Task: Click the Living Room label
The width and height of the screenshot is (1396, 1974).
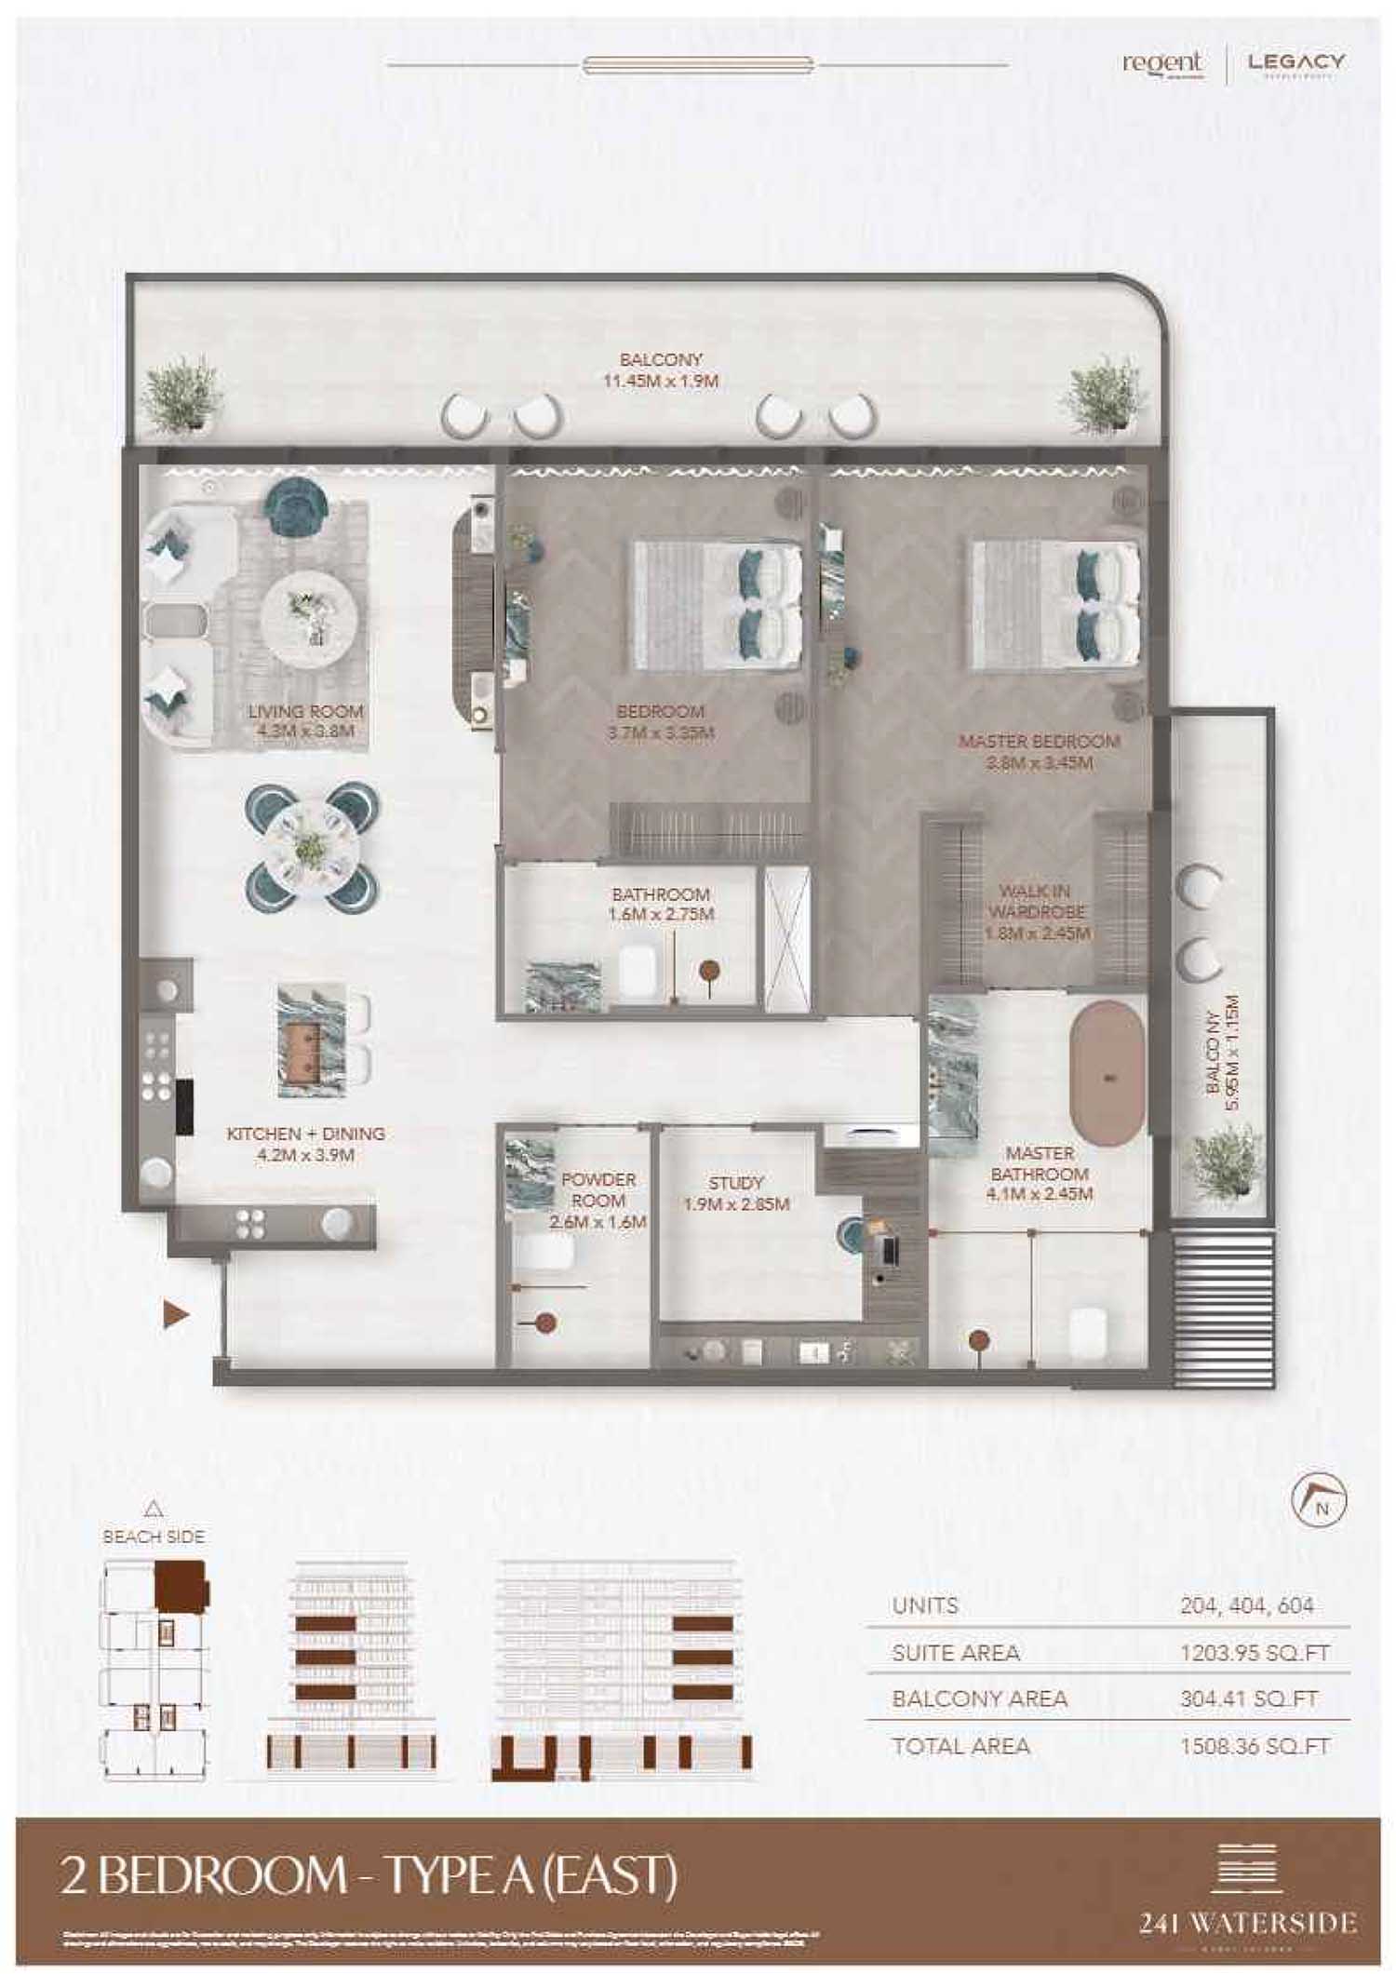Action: [x=305, y=721]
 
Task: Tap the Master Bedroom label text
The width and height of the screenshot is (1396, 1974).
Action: [x=1039, y=752]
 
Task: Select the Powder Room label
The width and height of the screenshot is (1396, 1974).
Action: [x=597, y=1200]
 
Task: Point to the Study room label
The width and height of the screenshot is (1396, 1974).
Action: [x=736, y=1192]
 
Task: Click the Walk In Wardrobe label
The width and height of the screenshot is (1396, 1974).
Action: [x=1038, y=912]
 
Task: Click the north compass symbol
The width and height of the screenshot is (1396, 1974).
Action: [x=1320, y=1501]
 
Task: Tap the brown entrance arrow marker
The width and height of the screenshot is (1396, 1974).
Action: [x=176, y=1314]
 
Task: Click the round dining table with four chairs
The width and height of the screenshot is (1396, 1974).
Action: [x=312, y=847]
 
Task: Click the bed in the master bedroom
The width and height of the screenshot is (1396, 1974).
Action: [x=1056, y=605]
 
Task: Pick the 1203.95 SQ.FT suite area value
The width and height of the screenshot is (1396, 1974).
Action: [x=1255, y=1653]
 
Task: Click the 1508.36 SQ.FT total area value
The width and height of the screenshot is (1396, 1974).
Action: [x=1255, y=1746]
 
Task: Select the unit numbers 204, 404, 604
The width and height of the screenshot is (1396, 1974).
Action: [x=1246, y=1605]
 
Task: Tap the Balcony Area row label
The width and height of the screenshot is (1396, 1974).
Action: [x=979, y=1699]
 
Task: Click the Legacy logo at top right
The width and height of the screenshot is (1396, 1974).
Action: [x=1295, y=63]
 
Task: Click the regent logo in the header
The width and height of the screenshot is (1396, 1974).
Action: [x=1162, y=63]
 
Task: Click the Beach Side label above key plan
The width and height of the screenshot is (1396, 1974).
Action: [x=154, y=1537]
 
